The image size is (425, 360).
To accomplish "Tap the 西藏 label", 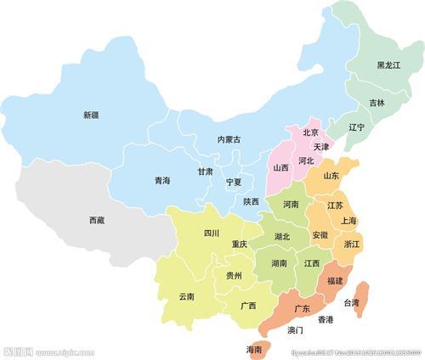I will (x=97, y=220).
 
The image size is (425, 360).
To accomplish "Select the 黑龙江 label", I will (x=388, y=65).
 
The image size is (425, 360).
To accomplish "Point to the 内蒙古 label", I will (x=229, y=139).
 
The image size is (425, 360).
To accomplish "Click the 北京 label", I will (x=310, y=132).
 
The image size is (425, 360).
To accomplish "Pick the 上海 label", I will (x=348, y=221).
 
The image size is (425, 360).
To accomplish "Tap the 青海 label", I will (x=161, y=181).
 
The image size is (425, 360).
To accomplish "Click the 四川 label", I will (x=211, y=233).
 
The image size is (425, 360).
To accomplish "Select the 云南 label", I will (x=186, y=296).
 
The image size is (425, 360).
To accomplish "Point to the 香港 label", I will (x=326, y=319).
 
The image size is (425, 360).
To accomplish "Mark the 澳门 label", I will (x=295, y=329).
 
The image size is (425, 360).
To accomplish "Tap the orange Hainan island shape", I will (x=254, y=347).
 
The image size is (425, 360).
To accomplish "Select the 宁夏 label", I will (x=234, y=183).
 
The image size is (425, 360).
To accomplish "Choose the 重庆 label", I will (x=240, y=245).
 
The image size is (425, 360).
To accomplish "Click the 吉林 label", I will (x=377, y=103).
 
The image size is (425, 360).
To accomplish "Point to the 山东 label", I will (x=331, y=177).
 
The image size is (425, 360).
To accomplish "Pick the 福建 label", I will (x=335, y=280).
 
